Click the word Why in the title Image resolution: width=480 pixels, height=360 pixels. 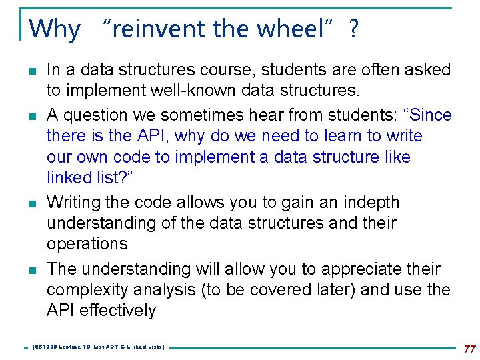point(55,29)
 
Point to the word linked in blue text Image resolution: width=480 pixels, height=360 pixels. point(69,177)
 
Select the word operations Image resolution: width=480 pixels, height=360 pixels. point(87,243)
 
